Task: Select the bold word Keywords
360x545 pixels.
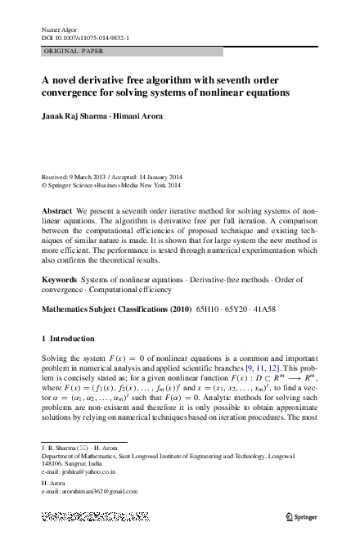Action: [x=60, y=281]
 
